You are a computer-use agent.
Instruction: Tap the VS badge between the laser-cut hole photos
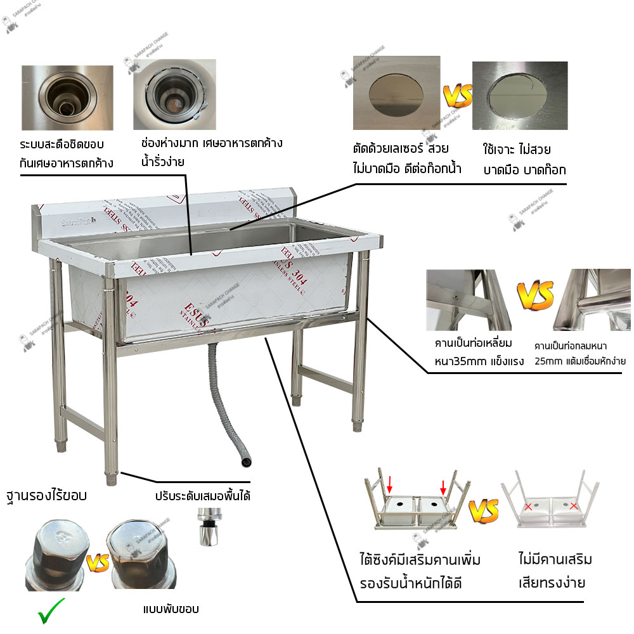(457, 96)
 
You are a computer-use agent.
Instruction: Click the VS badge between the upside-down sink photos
(483, 507)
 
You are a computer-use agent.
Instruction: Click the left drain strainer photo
(67, 97)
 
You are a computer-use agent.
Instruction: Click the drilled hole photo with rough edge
(520, 96)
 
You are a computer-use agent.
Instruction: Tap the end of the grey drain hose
(245, 464)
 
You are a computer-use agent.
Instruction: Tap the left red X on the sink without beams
(527, 507)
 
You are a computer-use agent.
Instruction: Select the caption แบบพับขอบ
(171, 610)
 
